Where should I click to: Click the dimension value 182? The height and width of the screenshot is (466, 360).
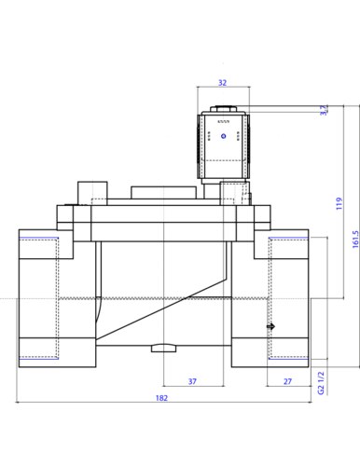tap(161, 398)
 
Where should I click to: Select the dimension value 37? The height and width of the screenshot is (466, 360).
tap(192, 381)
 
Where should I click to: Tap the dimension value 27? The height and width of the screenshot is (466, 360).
tap(288, 381)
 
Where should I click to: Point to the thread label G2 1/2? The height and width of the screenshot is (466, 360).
tap(321, 383)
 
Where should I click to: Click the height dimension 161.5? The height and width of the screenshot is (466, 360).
tap(355, 239)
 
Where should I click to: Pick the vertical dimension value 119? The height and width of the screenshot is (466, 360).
tap(339, 203)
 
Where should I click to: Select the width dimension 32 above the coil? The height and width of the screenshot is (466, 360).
tap(223, 83)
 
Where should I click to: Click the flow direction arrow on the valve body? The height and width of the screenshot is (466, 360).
tap(271, 326)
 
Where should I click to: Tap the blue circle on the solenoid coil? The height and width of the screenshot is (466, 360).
tap(223, 136)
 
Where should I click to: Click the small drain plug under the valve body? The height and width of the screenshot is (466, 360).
tap(163, 349)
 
